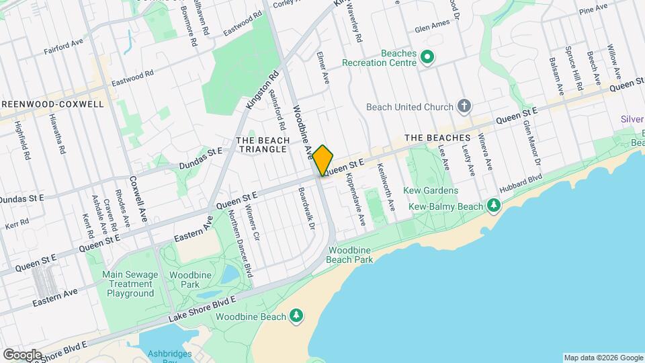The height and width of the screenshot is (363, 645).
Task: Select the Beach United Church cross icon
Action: pyautogui.click(x=464, y=106)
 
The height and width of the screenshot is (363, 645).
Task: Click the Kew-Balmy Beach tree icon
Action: pyautogui.click(x=494, y=204)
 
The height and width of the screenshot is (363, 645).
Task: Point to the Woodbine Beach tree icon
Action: pyautogui.click(x=296, y=316)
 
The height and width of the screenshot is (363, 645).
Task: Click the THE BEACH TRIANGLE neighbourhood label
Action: pyautogui.click(x=263, y=145)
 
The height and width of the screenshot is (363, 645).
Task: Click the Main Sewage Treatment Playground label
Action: pyautogui.click(x=130, y=284)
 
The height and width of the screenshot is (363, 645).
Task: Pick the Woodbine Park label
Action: pyautogui.click(x=191, y=280)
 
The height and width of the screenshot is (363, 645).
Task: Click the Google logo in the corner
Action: pyautogui.click(x=21, y=354)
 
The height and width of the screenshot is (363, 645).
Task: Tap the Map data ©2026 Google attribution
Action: pyautogui.click(x=603, y=358)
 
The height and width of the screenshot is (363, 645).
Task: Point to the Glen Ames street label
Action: pyautogui.click(x=431, y=29)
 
